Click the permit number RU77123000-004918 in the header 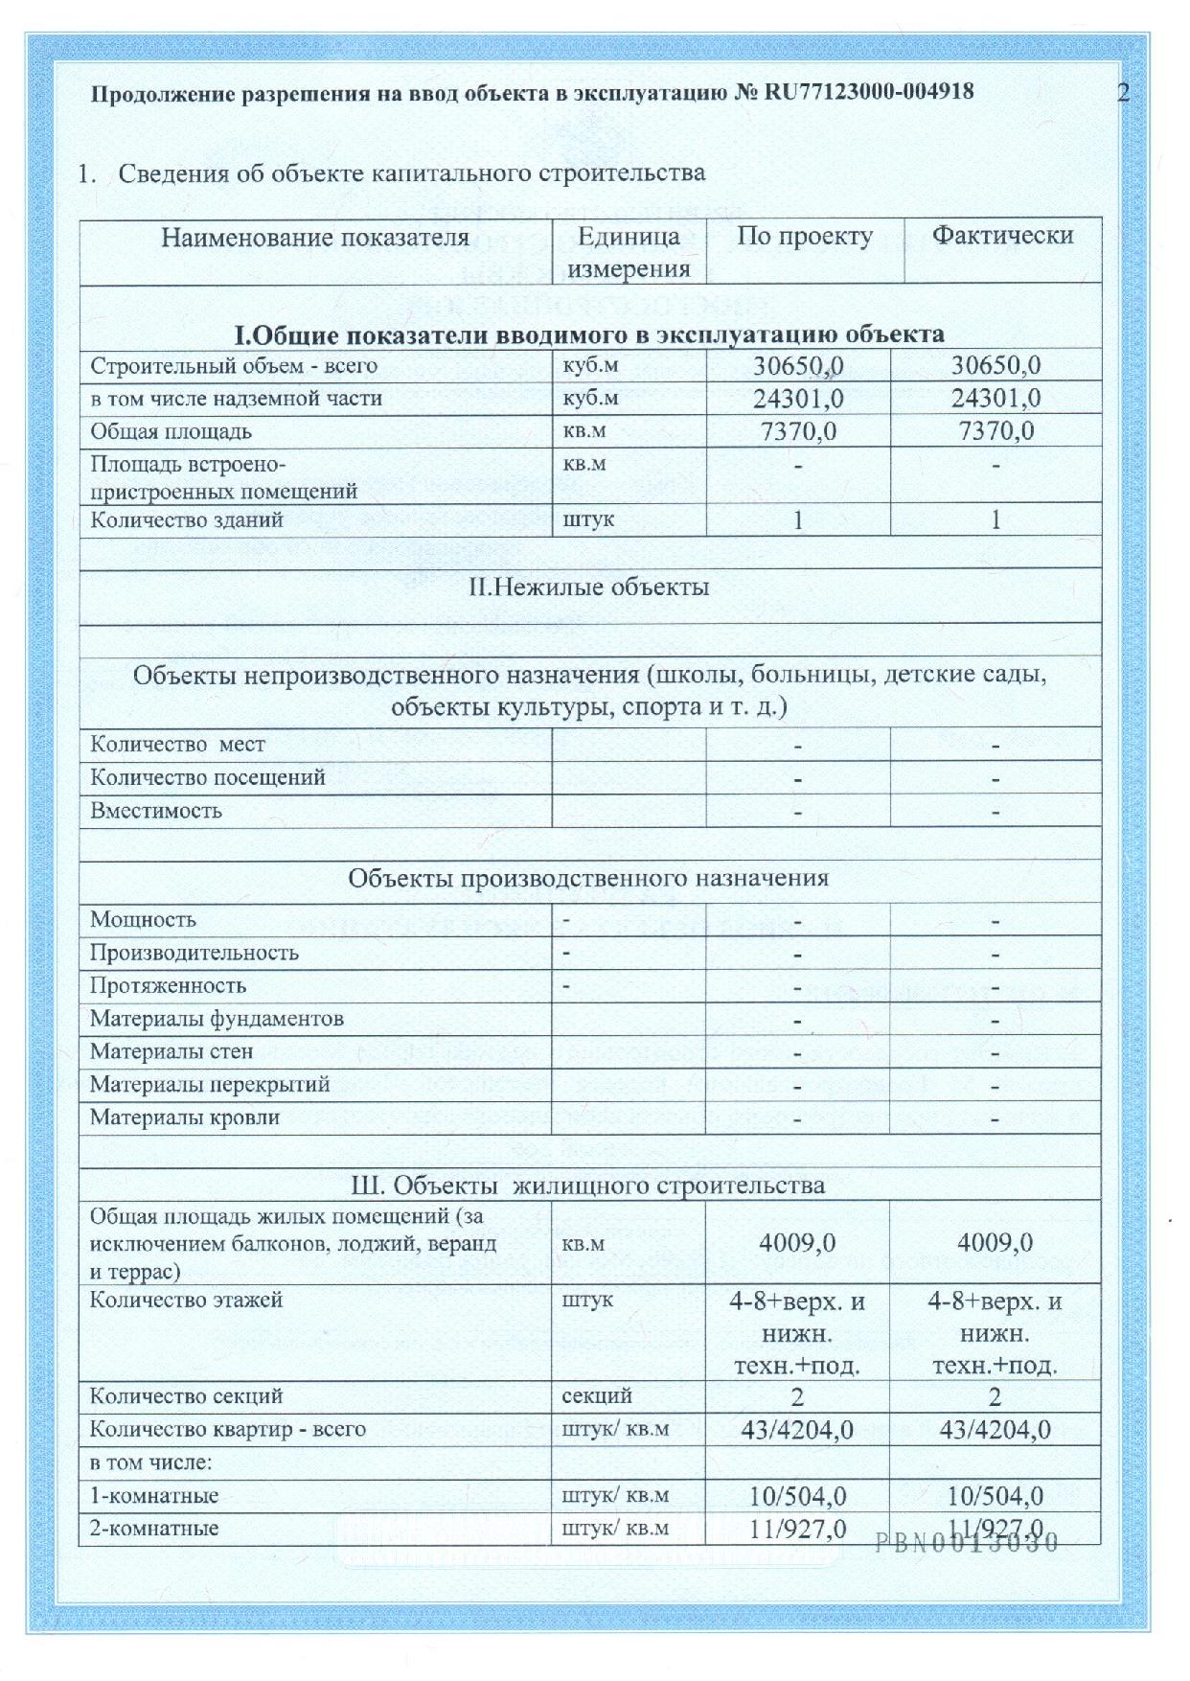coord(868,92)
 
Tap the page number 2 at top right coord(1123,92)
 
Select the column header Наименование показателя coord(315,238)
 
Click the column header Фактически coord(1002,236)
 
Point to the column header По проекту coord(804,237)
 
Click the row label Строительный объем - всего coord(234,366)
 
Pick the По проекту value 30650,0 coord(798,366)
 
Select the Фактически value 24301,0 coord(995,398)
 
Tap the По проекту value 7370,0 coord(798,431)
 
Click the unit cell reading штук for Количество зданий coord(588,519)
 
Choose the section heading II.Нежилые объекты coord(589,587)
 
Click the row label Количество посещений coord(208,777)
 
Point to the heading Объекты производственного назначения coord(588,878)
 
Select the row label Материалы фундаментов coord(217,1019)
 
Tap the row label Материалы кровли coord(185,1117)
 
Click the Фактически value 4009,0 coord(995,1243)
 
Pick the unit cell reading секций coord(597,1396)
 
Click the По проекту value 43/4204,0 coord(798,1430)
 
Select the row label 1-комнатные coord(154,1495)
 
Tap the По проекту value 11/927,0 coord(798,1529)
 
